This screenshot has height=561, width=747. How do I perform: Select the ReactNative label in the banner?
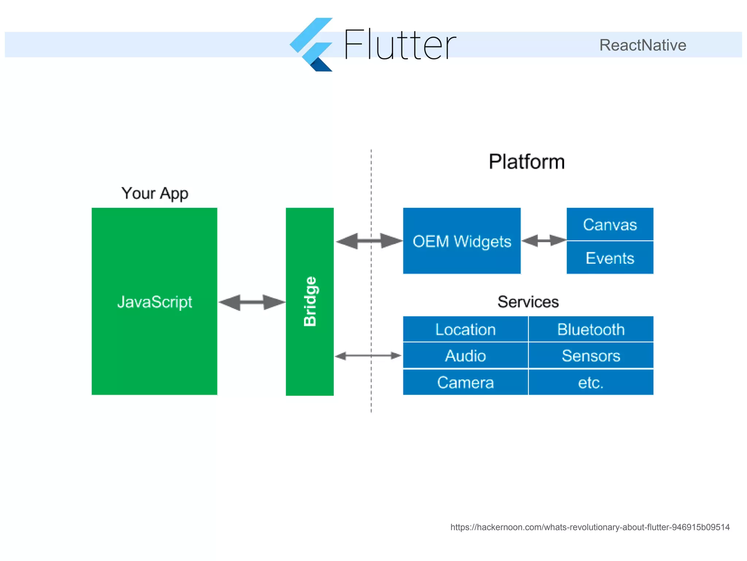[643, 45]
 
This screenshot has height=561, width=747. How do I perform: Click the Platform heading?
[527, 162]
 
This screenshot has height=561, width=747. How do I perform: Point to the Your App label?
[155, 193]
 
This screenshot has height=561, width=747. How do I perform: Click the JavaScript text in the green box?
[155, 302]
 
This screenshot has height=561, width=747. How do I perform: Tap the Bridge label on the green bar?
[310, 301]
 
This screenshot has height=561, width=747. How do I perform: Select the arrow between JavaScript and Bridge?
[252, 302]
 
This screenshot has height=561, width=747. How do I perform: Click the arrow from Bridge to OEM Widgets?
[369, 241]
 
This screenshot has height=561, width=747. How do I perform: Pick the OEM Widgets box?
[462, 241]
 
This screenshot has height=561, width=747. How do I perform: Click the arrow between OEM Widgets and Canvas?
[543, 241]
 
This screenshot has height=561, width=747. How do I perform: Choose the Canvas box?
[610, 224]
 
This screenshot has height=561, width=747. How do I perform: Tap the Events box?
[610, 258]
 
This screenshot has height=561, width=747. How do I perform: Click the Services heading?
[528, 302]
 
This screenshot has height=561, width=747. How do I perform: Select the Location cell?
[465, 329]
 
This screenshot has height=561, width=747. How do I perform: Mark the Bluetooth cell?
[591, 329]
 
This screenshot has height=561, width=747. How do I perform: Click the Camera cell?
[465, 382]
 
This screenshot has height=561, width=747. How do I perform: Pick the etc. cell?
[591, 382]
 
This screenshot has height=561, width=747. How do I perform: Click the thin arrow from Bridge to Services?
[368, 356]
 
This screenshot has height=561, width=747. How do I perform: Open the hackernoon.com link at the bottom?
[590, 527]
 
